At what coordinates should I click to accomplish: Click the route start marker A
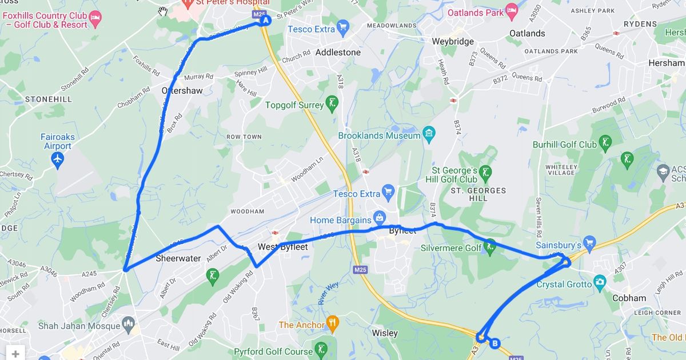point(265,21)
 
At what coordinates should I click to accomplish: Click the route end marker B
point(495,343)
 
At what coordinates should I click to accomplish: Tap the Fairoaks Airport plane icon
point(57,161)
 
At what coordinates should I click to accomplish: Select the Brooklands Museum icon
point(429,135)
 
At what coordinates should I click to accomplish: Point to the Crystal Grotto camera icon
point(599,282)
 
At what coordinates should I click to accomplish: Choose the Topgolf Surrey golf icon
point(332,103)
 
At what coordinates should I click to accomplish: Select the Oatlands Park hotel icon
point(512,11)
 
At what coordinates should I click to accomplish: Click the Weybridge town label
point(453,42)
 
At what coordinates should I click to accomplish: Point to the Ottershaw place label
point(182,90)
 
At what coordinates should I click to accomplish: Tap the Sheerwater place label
point(178,258)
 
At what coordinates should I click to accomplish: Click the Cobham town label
point(629,298)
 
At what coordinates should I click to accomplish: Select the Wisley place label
point(384,332)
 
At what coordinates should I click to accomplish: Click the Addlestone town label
point(338,53)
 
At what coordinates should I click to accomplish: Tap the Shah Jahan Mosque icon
point(129,326)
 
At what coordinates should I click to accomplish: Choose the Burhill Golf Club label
point(564,145)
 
